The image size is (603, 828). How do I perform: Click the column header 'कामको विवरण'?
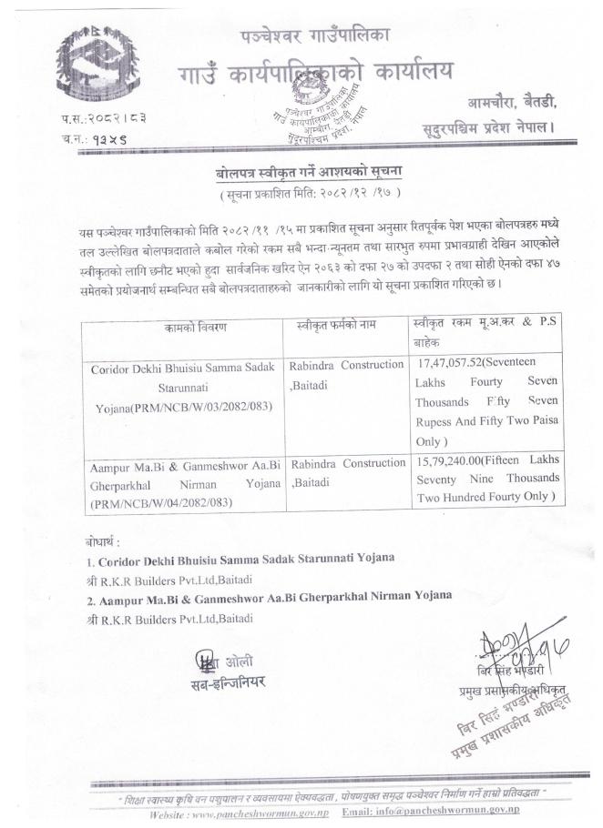tap(189, 325)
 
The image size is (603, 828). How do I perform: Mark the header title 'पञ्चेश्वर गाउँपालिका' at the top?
tap(313, 37)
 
